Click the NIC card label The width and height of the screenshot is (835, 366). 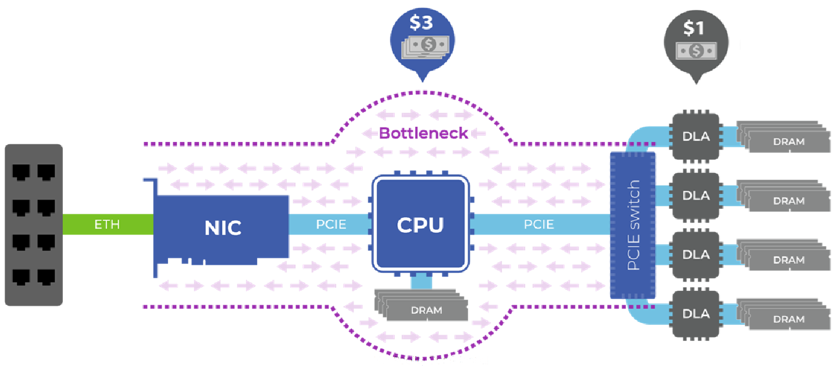[223, 227]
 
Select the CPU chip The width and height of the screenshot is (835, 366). [420, 224]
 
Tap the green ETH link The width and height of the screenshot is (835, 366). [108, 224]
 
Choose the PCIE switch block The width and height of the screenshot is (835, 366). [633, 225]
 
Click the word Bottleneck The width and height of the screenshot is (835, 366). [423, 133]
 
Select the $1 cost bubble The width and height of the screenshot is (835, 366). [695, 42]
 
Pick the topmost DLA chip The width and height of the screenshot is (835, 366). [696, 136]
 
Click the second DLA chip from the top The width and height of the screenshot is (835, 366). [696, 196]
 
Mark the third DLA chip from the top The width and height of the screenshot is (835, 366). [696, 254]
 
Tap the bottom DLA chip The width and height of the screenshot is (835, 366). [696, 314]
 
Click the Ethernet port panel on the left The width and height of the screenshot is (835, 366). [34, 225]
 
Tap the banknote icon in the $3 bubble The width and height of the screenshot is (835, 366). [429, 44]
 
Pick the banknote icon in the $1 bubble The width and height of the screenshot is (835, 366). [695, 51]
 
